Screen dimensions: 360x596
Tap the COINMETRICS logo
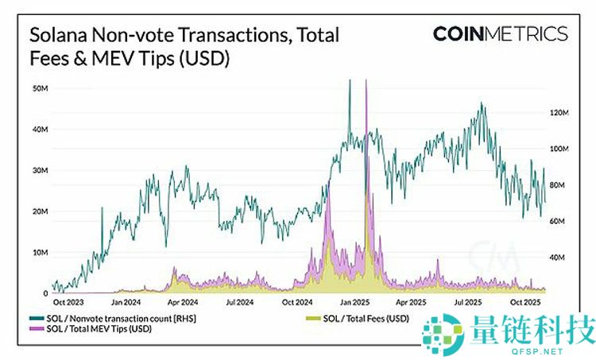click(500, 34)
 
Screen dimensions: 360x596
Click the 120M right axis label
click(561, 113)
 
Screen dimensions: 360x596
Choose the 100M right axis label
click(561, 149)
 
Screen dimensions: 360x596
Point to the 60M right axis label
click(559, 222)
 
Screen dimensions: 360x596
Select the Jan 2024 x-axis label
click(126, 303)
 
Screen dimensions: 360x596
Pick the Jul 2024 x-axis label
click(239, 303)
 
